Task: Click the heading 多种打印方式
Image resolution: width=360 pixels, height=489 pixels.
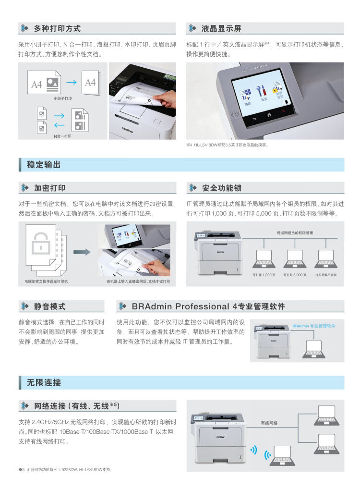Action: click(57, 28)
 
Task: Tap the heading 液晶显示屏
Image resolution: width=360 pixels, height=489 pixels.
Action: click(221, 28)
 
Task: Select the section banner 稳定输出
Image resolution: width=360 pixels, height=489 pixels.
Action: click(44, 165)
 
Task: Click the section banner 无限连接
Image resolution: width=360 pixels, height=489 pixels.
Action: click(44, 382)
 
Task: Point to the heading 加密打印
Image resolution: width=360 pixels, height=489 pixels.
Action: click(49, 188)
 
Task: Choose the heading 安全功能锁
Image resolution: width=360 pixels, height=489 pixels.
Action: click(221, 188)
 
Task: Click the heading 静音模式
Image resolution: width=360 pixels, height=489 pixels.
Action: click(49, 306)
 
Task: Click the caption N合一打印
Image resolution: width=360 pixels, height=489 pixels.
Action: click(62, 136)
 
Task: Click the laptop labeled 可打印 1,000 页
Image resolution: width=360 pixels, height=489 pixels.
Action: click(264, 259)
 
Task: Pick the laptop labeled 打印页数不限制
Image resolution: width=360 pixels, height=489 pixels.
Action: click(325, 259)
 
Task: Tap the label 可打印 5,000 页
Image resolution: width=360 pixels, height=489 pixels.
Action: click(295, 275)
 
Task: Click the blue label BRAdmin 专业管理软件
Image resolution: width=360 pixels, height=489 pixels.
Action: click(313, 326)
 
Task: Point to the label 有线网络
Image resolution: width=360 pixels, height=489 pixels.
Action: click(269, 423)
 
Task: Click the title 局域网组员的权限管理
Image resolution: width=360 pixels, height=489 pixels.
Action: click(295, 232)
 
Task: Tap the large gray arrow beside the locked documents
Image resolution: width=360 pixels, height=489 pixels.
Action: click(82, 252)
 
